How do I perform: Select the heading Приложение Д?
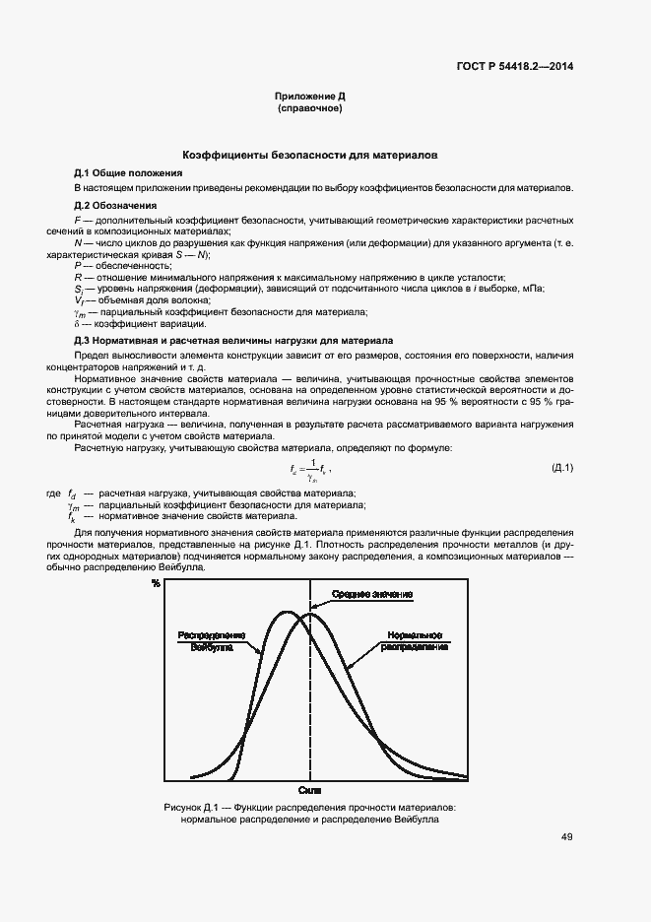(x=310, y=97)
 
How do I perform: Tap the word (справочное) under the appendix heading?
(x=310, y=108)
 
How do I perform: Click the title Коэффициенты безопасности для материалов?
(x=310, y=156)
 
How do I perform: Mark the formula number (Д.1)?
(x=562, y=466)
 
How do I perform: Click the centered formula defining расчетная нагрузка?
(x=309, y=468)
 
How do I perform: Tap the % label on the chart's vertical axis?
(x=156, y=584)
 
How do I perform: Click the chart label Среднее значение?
(x=371, y=594)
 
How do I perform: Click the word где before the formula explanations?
(x=53, y=492)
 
